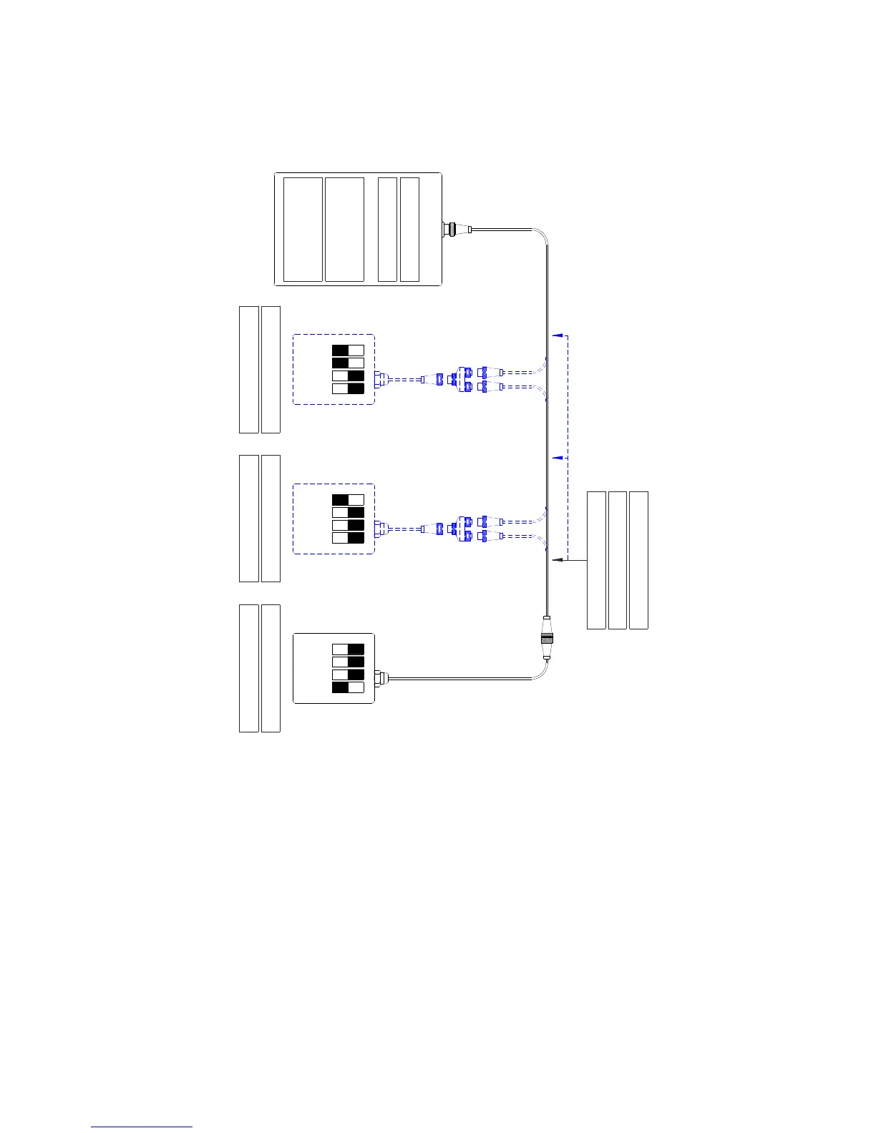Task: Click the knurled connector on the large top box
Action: pos(450,230)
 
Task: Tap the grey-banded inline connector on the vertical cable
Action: pos(547,637)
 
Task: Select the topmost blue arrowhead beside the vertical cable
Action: pos(558,335)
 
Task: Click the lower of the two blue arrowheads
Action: pos(558,457)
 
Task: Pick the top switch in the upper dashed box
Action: pos(348,350)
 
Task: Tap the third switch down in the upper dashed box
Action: pos(348,376)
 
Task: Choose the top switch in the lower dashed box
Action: pos(348,500)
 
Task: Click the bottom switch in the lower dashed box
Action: pos(348,538)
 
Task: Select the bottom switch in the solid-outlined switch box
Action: pos(348,687)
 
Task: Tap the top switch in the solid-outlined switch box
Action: pos(348,649)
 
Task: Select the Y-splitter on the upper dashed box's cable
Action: pos(464,380)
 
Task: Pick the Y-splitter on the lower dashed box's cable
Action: pos(464,529)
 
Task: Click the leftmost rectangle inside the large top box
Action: pos(303,230)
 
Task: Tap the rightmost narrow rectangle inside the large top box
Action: pos(409,230)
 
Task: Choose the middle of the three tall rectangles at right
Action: pos(617,560)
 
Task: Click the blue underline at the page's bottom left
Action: pos(142,1127)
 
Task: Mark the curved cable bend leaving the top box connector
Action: pos(541,234)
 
